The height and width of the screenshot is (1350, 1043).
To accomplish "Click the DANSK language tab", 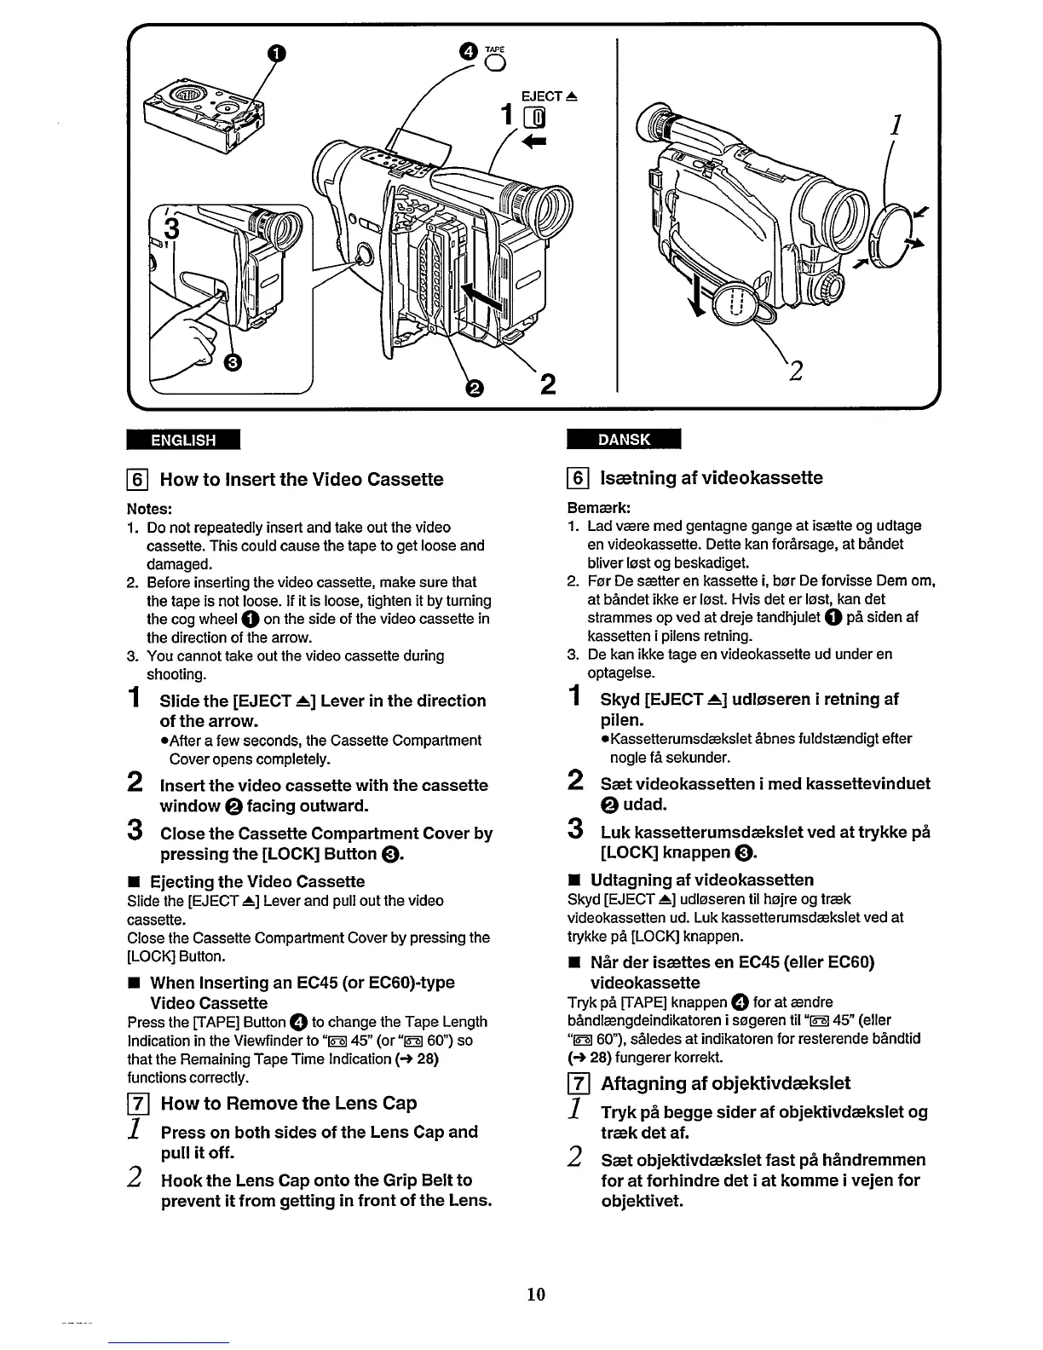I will (x=624, y=439).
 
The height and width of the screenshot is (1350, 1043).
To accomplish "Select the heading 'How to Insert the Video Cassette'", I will (x=302, y=479).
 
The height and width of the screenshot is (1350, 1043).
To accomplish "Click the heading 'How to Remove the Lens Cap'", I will (x=288, y=1104).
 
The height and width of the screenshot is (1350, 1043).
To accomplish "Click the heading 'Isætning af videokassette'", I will (x=711, y=477).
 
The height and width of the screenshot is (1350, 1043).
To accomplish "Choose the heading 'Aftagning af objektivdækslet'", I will (x=725, y=1084).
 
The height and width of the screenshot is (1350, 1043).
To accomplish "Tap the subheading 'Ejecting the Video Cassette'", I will (x=257, y=881).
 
